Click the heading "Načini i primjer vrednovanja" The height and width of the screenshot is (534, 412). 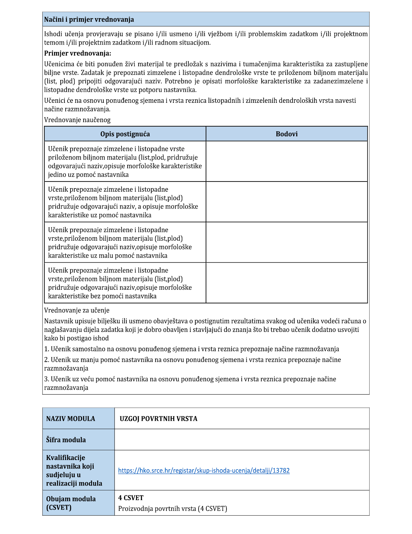pyautogui.click(x=89, y=20)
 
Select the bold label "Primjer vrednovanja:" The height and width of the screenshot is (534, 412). pyautogui.click(x=78, y=53)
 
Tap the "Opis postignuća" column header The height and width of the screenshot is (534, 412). pyautogui.click(x=125, y=134)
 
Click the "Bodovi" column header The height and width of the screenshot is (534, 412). pyautogui.click(x=287, y=134)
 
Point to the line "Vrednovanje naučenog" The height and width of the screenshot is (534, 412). pyautogui.click(x=77, y=120)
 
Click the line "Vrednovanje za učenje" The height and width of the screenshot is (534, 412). pyautogui.click(x=77, y=310)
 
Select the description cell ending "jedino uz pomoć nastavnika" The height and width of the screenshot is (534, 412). pyautogui.click(x=125, y=162)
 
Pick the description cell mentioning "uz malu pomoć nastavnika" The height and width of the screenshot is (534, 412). pyautogui.click(x=125, y=243)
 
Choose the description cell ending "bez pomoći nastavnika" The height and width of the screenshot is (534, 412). pyautogui.click(x=125, y=283)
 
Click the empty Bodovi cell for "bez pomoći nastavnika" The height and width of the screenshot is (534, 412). pyautogui.click(x=287, y=283)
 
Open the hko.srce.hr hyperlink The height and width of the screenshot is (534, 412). pyautogui.click(x=204, y=471)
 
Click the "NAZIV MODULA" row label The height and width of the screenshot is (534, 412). pyautogui.click(x=70, y=419)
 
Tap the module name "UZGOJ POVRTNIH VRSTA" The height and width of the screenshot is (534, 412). pyautogui.click(x=158, y=419)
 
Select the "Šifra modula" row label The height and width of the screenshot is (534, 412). pyautogui.click(x=66, y=440)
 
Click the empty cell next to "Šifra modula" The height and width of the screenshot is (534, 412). pyautogui.click(x=242, y=440)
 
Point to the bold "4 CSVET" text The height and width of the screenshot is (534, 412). pyautogui.click(x=131, y=498)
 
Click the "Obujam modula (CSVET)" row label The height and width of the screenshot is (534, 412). pyautogui.click(x=71, y=503)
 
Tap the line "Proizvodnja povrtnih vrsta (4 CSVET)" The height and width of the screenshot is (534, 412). pyautogui.click(x=172, y=508)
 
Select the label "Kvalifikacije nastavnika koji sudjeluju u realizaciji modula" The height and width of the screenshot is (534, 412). pyautogui.click(x=74, y=470)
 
